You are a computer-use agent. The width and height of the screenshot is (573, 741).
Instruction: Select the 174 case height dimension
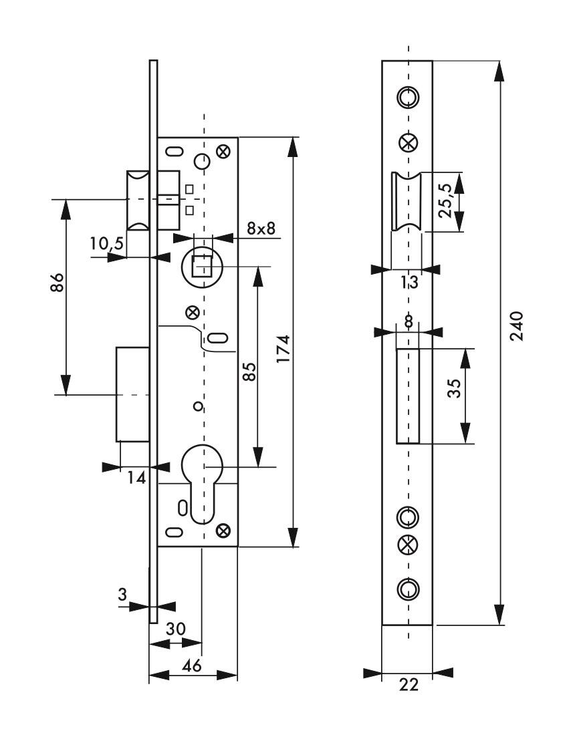click(283, 349)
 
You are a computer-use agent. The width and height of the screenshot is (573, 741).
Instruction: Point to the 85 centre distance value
click(249, 372)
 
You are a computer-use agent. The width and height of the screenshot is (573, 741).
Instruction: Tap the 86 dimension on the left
click(57, 283)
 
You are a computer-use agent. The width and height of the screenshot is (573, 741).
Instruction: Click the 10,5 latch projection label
click(107, 243)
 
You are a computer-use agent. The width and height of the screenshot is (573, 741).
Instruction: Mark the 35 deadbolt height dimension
click(453, 388)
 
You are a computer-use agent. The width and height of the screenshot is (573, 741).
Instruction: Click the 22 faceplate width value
click(409, 684)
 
